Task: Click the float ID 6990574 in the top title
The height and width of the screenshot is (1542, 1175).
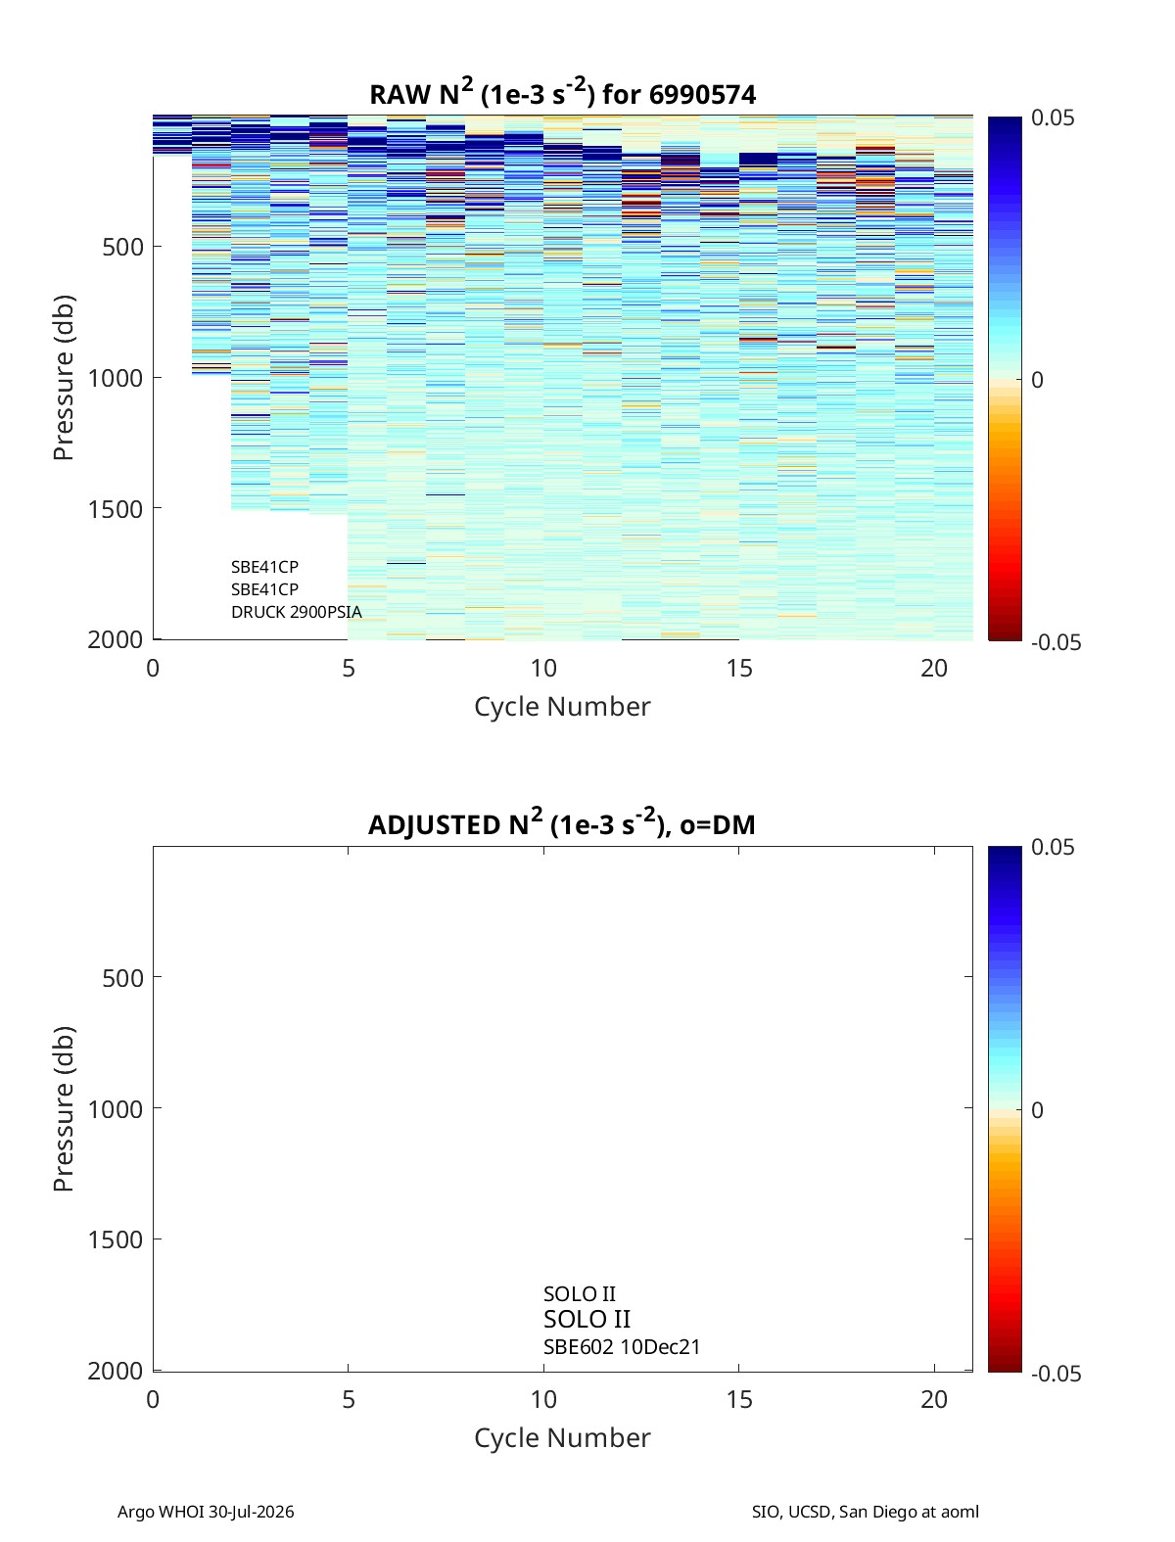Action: click(702, 95)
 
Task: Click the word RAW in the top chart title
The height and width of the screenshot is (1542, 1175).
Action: click(400, 95)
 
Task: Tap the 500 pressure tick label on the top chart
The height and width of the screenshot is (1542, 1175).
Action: click(123, 248)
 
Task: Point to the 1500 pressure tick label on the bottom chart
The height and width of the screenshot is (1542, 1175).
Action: click(116, 1239)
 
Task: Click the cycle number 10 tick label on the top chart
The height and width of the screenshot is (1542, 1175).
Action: click(543, 668)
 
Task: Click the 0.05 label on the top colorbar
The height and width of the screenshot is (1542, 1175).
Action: click(1052, 118)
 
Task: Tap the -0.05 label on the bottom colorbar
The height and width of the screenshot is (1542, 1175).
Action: click(1056, 1374)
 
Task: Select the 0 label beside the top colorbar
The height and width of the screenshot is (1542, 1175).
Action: click(1037, 380)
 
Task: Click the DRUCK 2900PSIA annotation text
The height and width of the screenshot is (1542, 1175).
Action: click(297, 612)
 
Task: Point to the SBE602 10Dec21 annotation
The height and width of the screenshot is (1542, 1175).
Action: click(622, 1347)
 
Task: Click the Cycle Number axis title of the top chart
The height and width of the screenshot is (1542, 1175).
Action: click(562, 707)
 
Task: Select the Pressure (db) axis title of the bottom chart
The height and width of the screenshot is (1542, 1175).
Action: click(64, 1109)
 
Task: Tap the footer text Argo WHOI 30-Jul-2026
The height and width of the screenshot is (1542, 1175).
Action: click(206, 1512)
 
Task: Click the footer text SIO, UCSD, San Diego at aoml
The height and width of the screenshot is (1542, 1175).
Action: click(865, 1512)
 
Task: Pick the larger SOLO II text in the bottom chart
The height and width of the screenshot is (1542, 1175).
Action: click(587, 1320)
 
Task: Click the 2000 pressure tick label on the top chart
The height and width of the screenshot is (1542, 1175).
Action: click(116, 640)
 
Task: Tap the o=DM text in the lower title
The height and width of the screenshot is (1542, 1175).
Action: click(717, 824)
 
